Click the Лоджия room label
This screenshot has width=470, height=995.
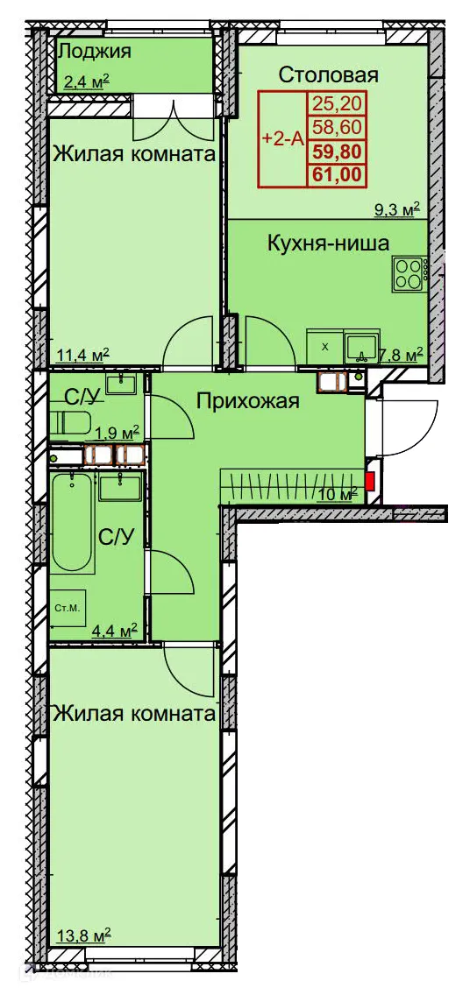tap(94, 51)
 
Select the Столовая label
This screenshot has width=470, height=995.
tap(328, 75)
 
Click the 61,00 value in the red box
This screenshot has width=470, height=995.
tap(336, 174)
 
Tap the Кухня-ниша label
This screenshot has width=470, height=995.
tap(328, 243)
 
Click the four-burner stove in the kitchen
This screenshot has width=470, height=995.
tap(408, 273)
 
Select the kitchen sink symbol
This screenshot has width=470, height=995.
tap(360, 347)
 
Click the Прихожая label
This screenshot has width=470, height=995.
tap(248, 402)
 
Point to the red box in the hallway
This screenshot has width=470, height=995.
tap(369, 480)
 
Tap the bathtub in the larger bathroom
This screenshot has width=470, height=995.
tap(73, 522)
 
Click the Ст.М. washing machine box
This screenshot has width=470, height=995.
tap(67, 608)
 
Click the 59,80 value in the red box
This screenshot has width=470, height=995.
tap(336, 152)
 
